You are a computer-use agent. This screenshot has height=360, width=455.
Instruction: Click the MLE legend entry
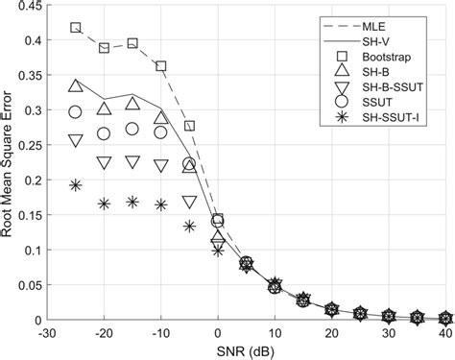tap(381, 23)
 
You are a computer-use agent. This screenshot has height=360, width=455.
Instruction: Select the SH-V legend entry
tap(382, 41)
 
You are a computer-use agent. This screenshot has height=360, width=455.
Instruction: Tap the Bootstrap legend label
tap(392, 60)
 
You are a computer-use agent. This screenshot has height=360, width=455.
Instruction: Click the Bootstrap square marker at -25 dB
tap(76, 28)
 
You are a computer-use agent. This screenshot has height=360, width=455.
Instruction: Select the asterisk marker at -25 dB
tap(76, 184)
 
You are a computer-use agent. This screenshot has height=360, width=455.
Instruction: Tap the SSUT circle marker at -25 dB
tap(76, 112)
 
